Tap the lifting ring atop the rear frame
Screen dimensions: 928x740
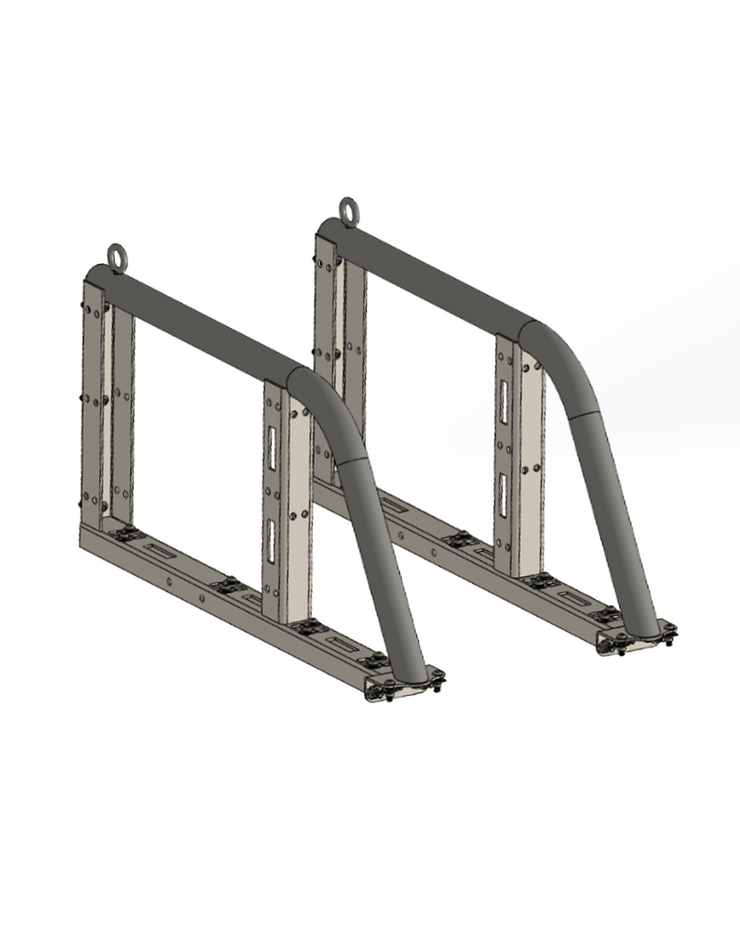point(348,210)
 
